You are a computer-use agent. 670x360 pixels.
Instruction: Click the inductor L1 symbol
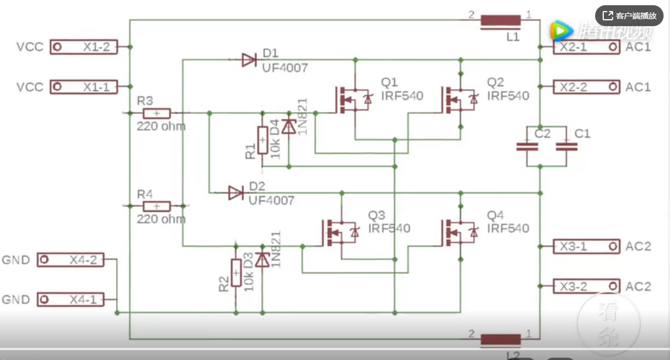(500, 21)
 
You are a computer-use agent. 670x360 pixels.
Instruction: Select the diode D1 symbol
(250, 59)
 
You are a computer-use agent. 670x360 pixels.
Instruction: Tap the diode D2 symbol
(236, 193)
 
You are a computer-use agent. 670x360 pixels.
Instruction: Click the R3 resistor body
(156, 113)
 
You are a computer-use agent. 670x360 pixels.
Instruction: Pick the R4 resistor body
(156, 206)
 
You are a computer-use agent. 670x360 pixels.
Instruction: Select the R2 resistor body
(236, 272)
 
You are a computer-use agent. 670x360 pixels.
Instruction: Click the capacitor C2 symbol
(527, 147)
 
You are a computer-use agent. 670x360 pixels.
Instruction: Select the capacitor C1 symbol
(566, 147)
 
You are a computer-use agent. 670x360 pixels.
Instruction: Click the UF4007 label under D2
(271, 201)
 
